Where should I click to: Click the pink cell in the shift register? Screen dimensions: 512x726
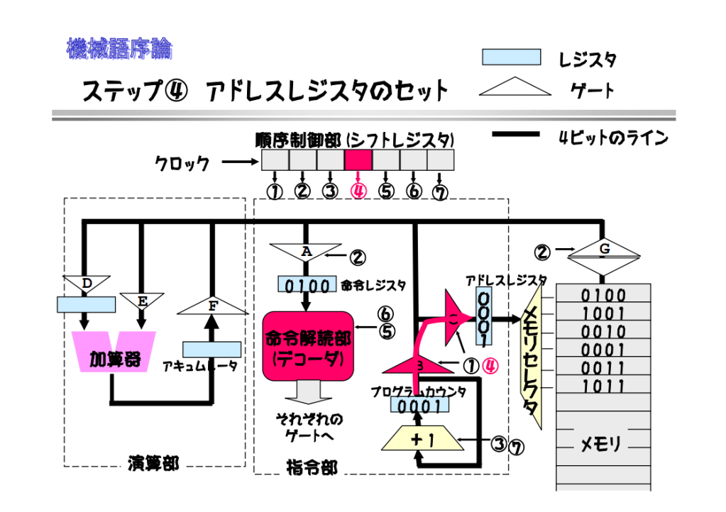coord(358,160)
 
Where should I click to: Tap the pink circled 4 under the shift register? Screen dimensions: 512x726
coord(358,191)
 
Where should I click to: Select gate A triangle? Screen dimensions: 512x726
coord(306,252)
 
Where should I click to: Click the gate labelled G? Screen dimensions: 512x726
coord(603,250)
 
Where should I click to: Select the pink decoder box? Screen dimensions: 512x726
coord(308,345)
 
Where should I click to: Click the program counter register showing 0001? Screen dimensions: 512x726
coord(419,406)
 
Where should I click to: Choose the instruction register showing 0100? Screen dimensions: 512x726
coord(307,285)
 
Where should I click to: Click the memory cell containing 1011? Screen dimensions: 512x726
coord(603,386)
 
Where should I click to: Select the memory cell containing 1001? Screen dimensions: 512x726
coord(603,313)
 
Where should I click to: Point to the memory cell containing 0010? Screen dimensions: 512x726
coord(603,331)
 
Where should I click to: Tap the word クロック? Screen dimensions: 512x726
coord(182,164)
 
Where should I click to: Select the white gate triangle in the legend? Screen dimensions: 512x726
coord(515,88)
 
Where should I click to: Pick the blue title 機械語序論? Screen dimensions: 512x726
coord(119,49)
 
